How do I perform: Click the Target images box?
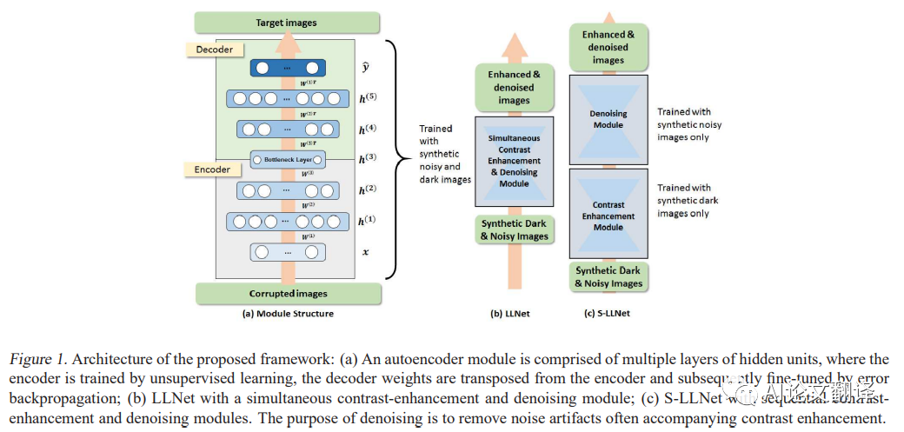point(286,22)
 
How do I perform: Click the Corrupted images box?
point(286,294)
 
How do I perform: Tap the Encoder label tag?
point(212,169)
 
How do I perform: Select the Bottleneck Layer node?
point(288,159)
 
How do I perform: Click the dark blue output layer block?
point(288,67)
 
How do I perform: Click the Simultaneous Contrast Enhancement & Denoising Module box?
point(514,161)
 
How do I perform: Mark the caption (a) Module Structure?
point(286,314)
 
